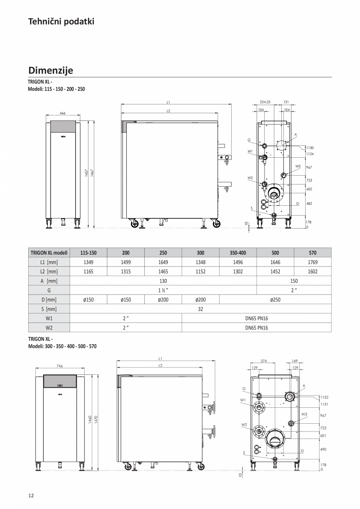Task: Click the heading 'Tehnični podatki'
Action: [x=61, y=22]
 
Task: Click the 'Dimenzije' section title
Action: [x=50, y=70]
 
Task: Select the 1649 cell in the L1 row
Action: [x=163, y=262]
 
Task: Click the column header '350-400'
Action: [x=238, y=253]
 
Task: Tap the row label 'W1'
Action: [x=49, y=318]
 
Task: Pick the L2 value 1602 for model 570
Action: [x=312, y=272]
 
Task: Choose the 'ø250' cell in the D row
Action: [x=275, y=300]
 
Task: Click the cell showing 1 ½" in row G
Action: [x=163, y=290]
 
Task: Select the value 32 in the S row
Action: [x=200, y=309]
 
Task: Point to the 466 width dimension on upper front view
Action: [x=63, y=113]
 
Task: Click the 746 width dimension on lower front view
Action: [x=60, y=366]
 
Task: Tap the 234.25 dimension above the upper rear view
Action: [x=265, y=102]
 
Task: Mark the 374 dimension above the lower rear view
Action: [x=263, y=361]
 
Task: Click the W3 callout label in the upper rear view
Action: [x=298, y=166]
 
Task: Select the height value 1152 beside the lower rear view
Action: [x=324, y=397]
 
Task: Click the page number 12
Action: [x=31, y=495]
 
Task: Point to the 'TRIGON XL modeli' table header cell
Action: [x=49, y=253]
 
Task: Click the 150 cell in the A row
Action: [x=294, y=281]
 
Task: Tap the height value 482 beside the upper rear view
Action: [x=309, y=203]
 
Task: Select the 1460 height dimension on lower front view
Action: [x=90, y=419]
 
